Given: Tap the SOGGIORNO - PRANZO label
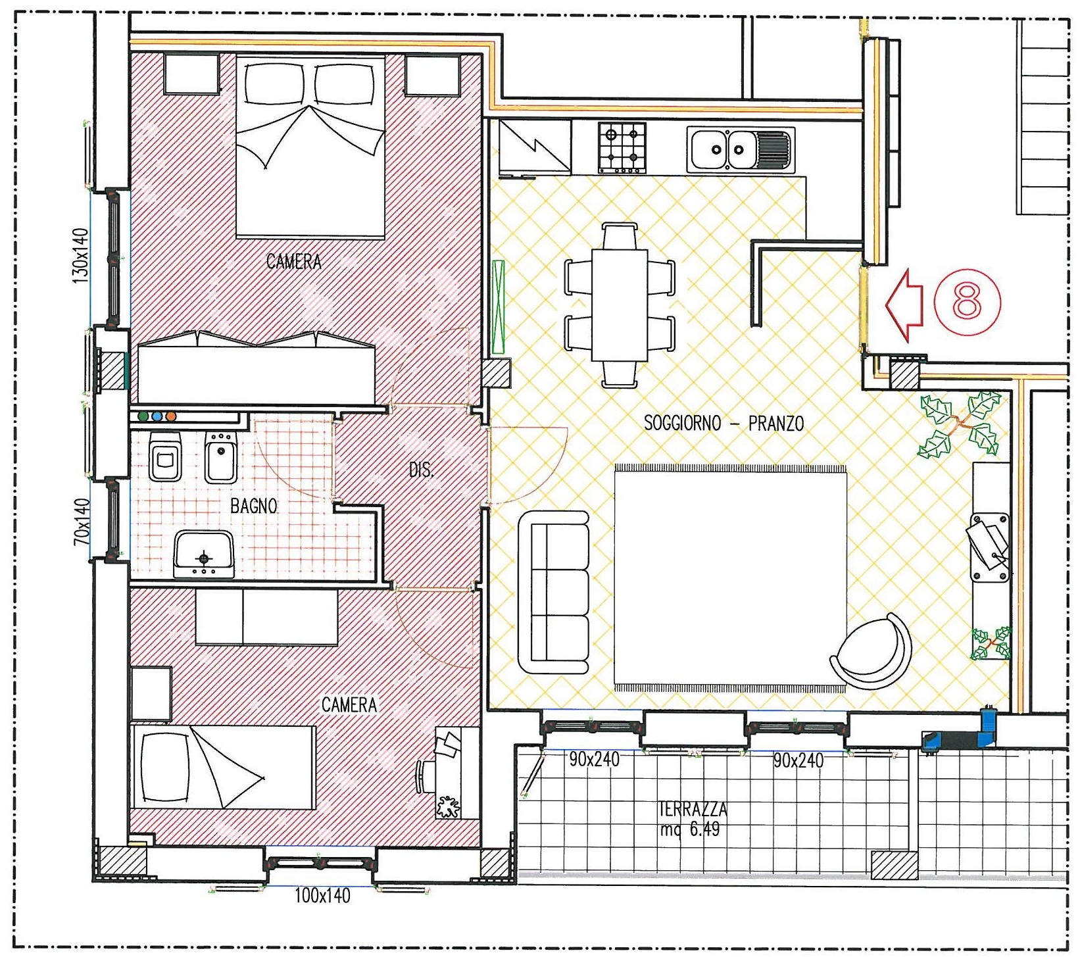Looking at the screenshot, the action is (x=724, y=423).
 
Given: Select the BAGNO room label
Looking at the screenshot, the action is (x=253, y=506).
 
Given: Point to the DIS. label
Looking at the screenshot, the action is (x=421, y=470).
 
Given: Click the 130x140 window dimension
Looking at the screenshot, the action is (x=80, y=256).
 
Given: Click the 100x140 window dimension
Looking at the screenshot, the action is (x=322, y=895).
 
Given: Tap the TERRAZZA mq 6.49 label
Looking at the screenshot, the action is (x=693, y=818).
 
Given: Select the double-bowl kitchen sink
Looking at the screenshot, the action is (x=740, y=149).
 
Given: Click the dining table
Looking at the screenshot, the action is (x=620, y=305).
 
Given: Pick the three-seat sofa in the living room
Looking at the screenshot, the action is (x=554, y=593).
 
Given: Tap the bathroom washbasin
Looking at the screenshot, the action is (x=204, y=555).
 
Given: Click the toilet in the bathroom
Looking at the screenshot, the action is (x=164, y=456).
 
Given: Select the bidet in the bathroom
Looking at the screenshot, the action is (x=221, y=456).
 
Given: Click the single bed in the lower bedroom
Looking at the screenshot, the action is (x=223, y=767).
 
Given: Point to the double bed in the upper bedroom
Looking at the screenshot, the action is (x=310, y=147).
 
